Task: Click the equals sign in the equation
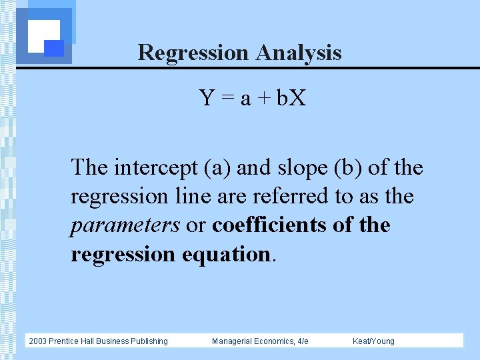pos(227,99)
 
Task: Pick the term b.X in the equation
pos(291,99)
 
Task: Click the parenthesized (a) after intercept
pos(217,167)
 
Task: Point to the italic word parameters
pos(125,225)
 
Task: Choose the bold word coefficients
pos(269,225)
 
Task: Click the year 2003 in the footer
pos(39,341)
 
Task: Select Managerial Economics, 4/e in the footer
pos(260,341)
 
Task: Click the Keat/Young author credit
pos(373,341)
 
